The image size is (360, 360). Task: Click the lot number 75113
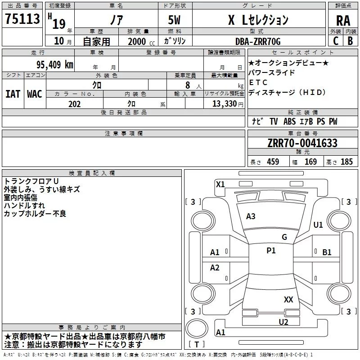(x=22, y=18)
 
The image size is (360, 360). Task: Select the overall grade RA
(x=343, y=21)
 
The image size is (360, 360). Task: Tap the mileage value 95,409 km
(x=54, y=65)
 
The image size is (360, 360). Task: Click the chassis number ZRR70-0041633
(x=302, y=143)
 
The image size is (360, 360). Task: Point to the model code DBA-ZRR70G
(x=258, y=41)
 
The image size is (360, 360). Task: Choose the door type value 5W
(x=174, y=20)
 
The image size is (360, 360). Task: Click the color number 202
(x=74, y=104)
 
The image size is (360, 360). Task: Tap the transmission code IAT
(x=13, y=94)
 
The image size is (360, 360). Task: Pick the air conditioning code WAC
(x=35, y=94)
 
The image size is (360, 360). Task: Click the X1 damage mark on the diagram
(x=220, y=184)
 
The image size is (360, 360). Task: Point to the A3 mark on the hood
(x=251, y=216)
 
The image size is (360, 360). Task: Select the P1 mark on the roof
(x=271, y=251)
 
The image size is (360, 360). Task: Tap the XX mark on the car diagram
(x=288, y=299)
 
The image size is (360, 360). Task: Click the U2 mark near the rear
(x=283, y=322)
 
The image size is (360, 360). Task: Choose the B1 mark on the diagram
(x=327, y=252)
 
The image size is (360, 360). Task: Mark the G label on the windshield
(x=284, y=237)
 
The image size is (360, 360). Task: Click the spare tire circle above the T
(x=197, y=328)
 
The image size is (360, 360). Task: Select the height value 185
(x=346, y=162)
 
